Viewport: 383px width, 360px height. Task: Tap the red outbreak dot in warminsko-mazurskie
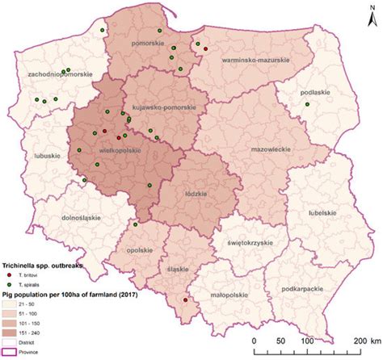point(206,49)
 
